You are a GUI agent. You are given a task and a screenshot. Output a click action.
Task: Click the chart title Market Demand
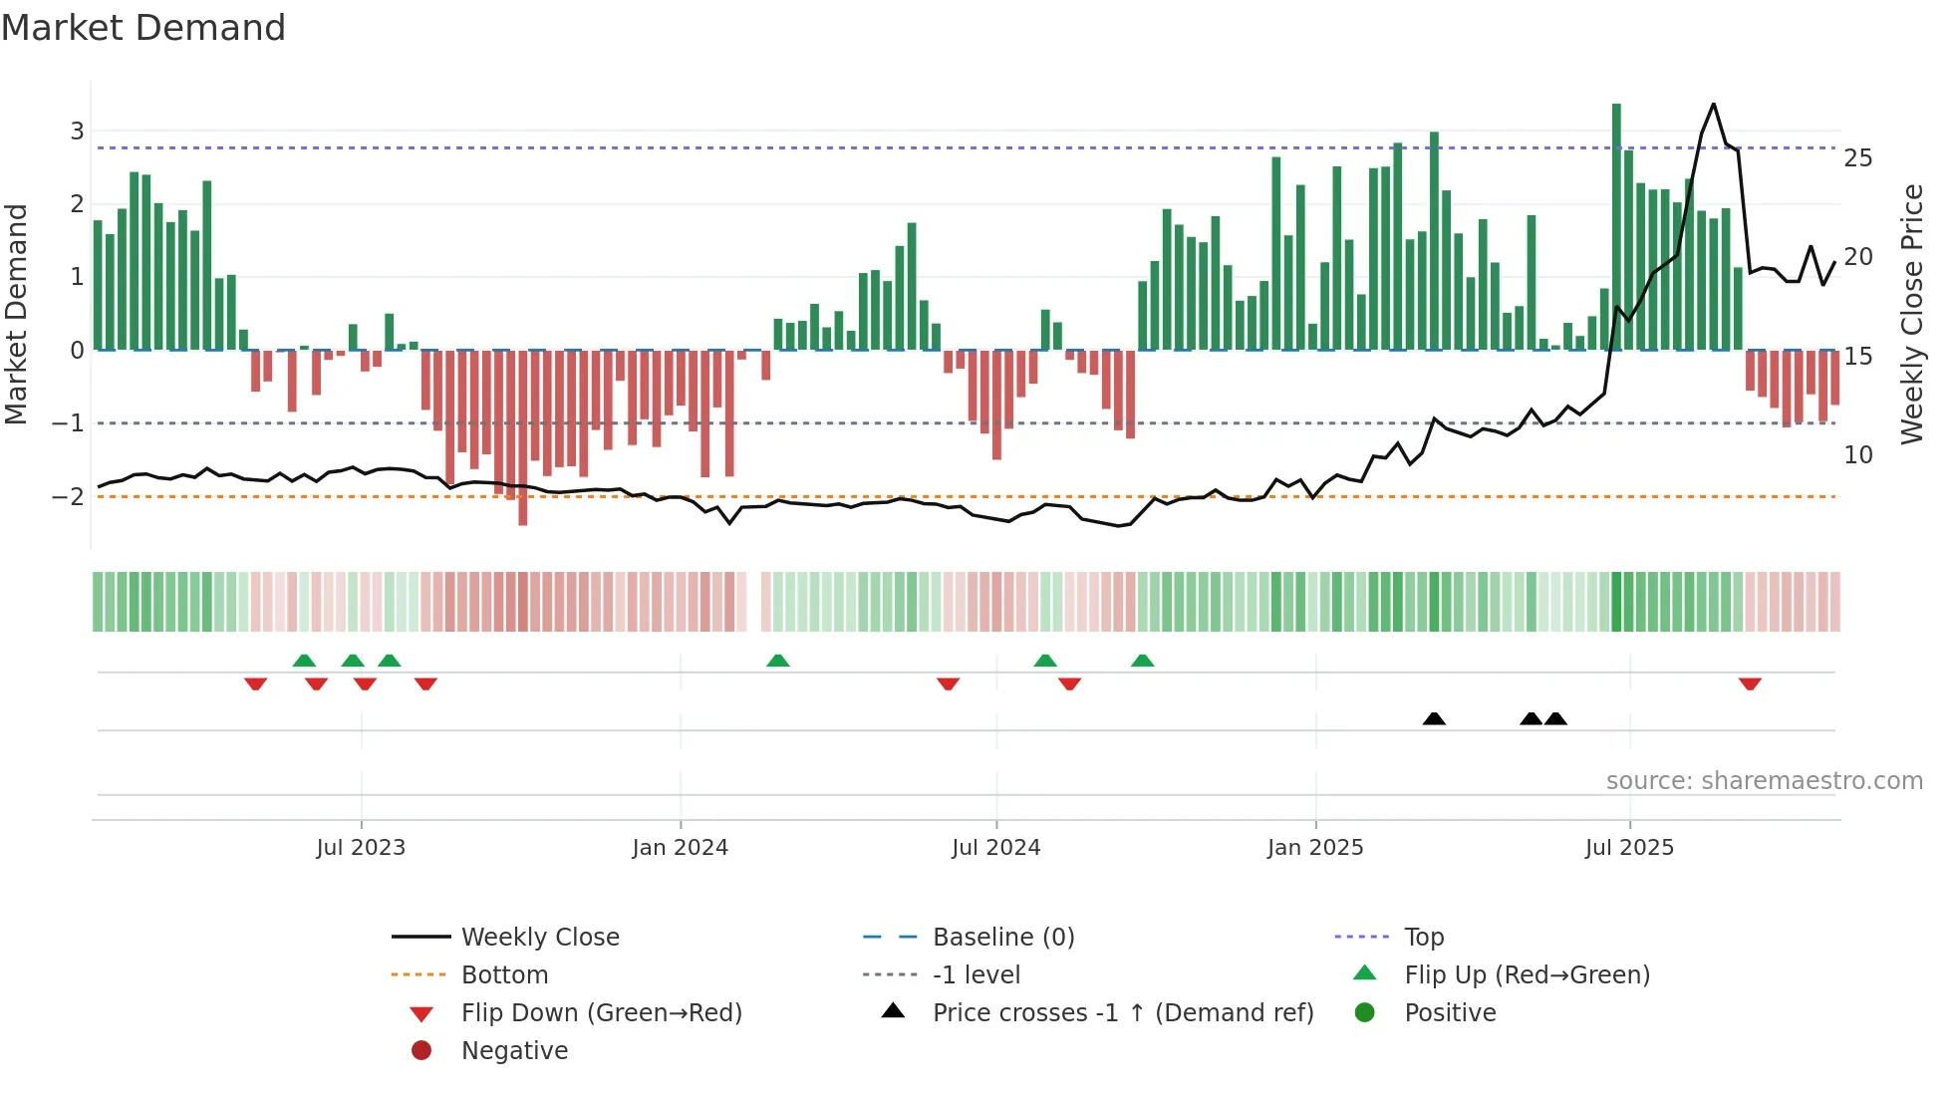143,28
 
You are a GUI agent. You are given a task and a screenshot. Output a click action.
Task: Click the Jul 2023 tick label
361,848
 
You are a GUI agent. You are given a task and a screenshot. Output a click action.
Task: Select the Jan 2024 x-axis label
680,848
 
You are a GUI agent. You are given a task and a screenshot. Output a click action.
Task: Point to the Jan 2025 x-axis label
1314,848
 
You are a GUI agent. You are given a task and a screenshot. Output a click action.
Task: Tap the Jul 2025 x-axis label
1629,848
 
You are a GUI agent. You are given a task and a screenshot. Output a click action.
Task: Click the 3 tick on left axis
77,132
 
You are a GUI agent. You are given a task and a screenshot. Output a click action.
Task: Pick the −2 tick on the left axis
69,497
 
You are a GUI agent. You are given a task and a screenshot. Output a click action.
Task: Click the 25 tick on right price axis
1857,158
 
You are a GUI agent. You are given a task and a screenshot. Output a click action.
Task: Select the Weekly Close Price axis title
1911,314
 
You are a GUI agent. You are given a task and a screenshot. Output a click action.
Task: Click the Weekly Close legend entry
539,938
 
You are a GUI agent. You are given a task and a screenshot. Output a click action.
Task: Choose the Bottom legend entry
504,975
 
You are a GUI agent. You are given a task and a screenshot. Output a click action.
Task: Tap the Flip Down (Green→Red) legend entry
601,1013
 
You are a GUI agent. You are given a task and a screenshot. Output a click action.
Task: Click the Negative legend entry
514,1051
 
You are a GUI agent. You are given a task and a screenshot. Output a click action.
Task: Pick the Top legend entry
1424,938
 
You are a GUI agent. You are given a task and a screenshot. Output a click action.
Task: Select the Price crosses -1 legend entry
1122,1013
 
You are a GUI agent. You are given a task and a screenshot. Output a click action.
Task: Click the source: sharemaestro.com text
1764,781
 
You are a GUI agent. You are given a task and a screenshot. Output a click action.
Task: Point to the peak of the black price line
1713,104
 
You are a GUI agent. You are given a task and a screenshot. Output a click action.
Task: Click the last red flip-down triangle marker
1750,684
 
